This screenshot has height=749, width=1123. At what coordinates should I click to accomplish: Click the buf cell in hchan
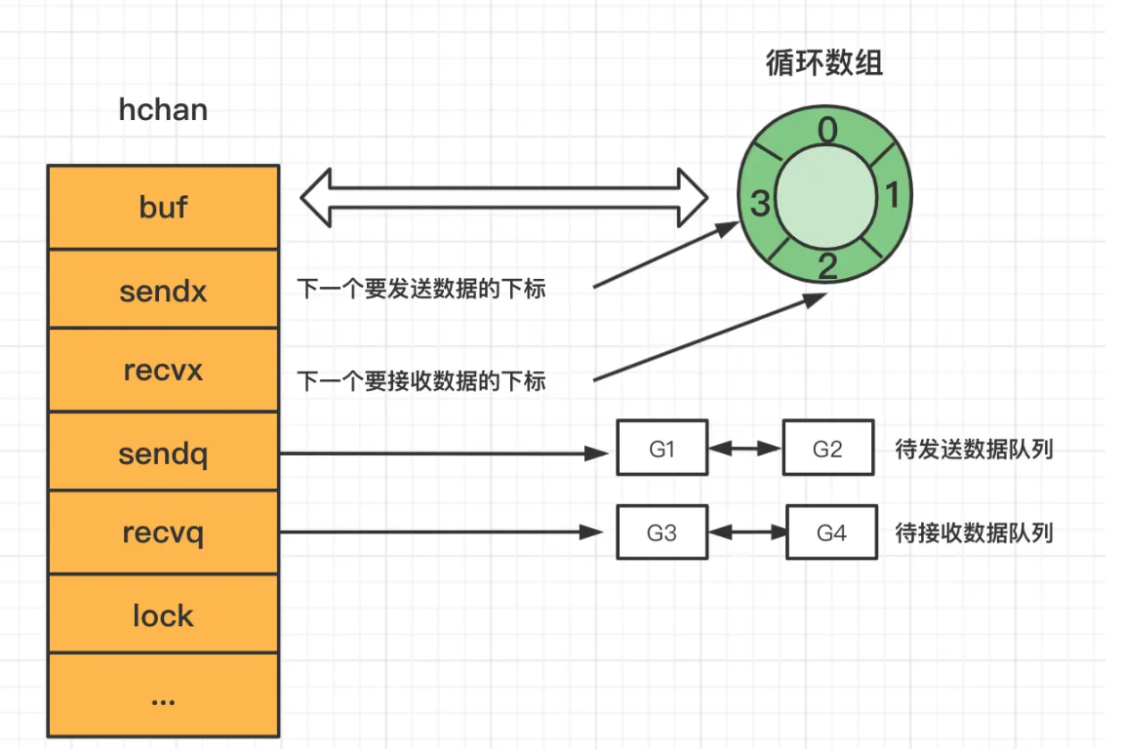[163, 207]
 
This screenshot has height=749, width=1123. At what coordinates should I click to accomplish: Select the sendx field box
[163, 290]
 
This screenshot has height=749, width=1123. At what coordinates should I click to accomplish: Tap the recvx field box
[163, 371]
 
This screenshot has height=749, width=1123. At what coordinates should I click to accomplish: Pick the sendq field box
[163, 453]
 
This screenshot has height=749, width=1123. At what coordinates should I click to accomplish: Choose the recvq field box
[163, 533]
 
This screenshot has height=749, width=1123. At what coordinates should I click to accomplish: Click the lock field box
[163, 615]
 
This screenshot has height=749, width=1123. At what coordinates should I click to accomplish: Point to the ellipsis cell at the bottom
[163, 695]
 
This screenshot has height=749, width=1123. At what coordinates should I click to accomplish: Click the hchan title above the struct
[163, 108]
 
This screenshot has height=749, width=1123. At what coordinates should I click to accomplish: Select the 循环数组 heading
[825, 63]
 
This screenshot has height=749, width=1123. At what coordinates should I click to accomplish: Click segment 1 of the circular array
[891, 196]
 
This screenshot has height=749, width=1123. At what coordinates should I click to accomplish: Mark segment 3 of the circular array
[761, 204]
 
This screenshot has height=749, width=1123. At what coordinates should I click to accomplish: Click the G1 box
[662, 449]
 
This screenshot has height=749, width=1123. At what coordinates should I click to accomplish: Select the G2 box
[827, 449]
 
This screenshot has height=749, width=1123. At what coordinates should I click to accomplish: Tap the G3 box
[662, 532]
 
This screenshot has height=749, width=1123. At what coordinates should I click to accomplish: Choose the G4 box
[831, 532]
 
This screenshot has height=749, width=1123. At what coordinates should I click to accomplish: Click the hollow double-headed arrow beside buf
[504, 196]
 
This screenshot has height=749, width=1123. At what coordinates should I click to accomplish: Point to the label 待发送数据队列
[974, 450]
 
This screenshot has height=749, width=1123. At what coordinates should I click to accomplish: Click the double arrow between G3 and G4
[747, 532]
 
